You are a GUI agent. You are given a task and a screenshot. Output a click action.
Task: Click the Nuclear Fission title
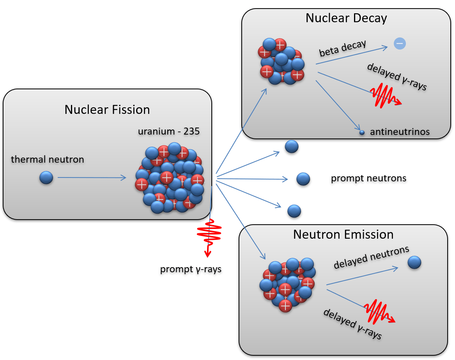tap(107, 110)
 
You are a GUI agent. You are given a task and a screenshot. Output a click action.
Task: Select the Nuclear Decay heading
tap(346, 18)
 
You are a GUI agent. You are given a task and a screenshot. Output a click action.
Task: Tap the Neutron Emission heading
tap(343, 234)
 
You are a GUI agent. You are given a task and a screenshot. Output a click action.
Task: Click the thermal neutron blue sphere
tap(46, 178)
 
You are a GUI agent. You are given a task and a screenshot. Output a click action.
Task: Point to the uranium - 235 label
tap(169, 131)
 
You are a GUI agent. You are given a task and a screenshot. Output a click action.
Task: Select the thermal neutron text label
tap(48, 159)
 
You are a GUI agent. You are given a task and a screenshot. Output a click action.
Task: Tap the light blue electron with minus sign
tap(400, 44)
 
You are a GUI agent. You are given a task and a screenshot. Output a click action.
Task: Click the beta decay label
tap(343, 48)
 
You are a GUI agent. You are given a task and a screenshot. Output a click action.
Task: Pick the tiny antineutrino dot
tap(362, 133)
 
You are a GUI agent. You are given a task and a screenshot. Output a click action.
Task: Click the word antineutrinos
tap(400, 132)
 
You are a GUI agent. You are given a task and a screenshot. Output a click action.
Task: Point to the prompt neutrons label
tap(368, 178)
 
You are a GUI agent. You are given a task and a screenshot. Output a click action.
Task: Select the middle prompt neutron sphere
tap(303, 179)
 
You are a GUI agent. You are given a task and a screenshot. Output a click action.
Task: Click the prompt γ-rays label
tap(191, 269)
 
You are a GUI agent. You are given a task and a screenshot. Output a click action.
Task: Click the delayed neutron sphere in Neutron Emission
tap(414, 262)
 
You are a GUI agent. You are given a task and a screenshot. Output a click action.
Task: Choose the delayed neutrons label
tap(371, 257)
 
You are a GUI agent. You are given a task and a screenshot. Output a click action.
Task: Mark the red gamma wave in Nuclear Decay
tap(384, 96)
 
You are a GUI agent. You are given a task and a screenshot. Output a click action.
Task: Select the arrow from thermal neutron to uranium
tap(92, 178)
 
